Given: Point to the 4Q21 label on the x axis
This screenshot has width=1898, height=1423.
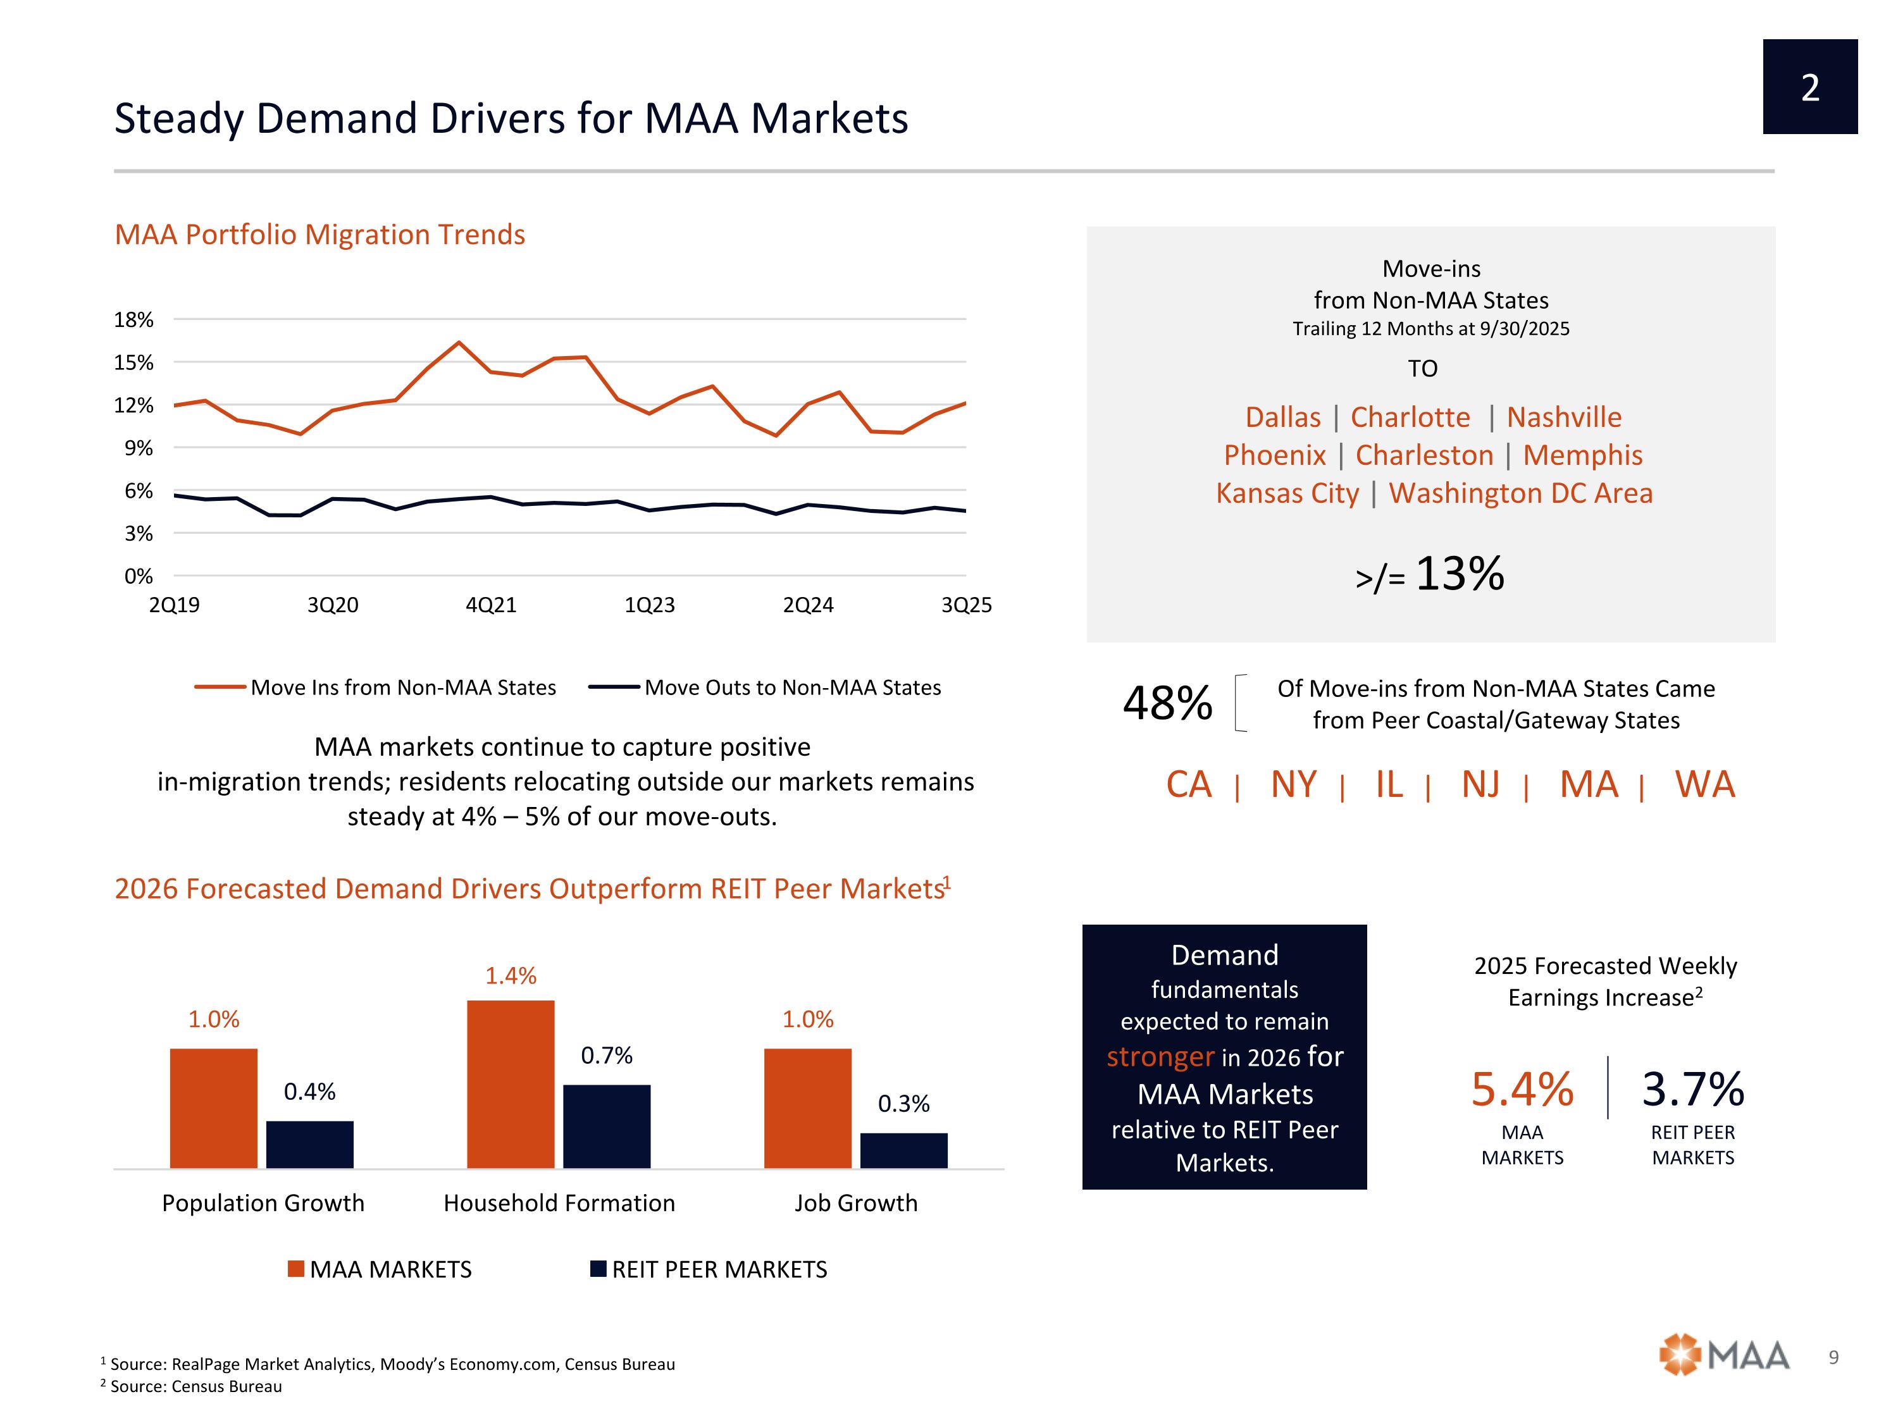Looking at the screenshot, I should [x=491, y=606].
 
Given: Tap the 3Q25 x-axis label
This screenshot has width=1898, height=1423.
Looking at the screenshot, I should [x=966, y=606].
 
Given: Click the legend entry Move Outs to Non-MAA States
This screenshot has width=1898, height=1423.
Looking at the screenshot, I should [x=791, y=688].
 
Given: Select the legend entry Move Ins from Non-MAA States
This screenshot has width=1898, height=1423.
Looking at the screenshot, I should [x=402, y=688].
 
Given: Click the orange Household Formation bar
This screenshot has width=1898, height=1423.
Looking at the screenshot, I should [x=511, y=1084].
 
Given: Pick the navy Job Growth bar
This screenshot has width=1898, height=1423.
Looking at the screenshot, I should [x=903, y=1150].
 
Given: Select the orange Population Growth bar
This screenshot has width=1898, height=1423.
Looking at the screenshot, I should [x=214, y=1108].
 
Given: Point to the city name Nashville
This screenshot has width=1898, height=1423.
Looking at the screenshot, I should [x=1563, y=417].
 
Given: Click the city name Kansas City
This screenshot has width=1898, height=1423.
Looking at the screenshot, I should [x=1287, y=494].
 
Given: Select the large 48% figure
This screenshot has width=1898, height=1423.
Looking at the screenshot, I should [x=1167, y=703].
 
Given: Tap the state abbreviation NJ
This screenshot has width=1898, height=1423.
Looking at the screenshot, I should [x=1481, y=785].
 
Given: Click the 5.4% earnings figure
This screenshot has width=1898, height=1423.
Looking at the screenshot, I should [x=1522, y=1089].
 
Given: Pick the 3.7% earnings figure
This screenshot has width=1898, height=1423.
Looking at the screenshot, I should [x=1693, y=1089].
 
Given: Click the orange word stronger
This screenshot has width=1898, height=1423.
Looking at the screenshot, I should [x=1160, y=1057].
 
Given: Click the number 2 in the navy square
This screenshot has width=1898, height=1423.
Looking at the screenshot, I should [x=1809, y=87].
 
